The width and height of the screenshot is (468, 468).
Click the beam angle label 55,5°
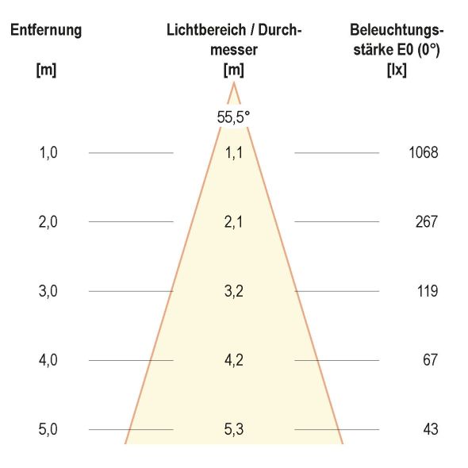coord(233,117)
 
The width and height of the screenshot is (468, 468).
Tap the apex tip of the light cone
coord(233,83)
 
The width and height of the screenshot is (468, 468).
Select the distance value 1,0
coord(48,153)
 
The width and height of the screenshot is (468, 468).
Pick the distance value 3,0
coord(48,291)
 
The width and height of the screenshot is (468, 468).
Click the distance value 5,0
coord(48,430)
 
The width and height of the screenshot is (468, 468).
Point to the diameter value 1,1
coord(233,153)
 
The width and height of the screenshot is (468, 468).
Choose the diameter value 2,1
coord(233,222)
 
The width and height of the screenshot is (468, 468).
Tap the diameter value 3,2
coord(233,291)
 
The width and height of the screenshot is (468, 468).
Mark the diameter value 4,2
coord(233,360)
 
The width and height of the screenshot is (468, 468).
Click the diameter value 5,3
coord(233,430)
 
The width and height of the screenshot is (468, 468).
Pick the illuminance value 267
coord(426,222)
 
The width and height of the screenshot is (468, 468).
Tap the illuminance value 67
coord(430,360)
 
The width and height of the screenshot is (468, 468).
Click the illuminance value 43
coord(430,430)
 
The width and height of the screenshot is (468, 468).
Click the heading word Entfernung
coord(45,31)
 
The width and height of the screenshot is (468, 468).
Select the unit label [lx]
coord(396,69)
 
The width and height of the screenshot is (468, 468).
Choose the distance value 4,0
coord(48,360)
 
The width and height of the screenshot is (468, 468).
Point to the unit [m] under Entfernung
coord(46,69)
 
